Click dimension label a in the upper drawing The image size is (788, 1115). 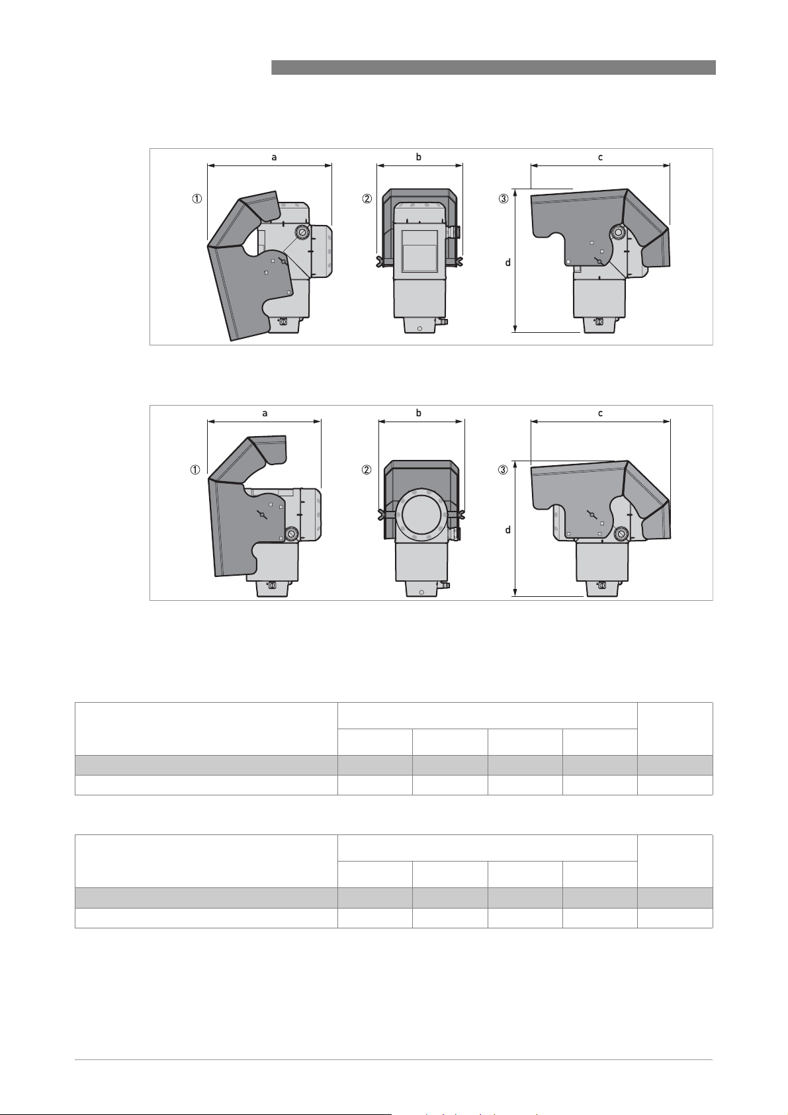coord(274,157)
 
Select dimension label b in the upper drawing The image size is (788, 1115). coord(419,157)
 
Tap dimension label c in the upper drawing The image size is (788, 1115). coord(600,157)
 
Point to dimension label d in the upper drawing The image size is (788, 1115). coord(507,262)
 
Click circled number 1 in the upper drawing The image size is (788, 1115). coord(198,199)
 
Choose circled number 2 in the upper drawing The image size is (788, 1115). coord(367,199)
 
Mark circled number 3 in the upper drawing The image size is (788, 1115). coord(503,199)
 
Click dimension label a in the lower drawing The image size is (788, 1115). coord(265,413)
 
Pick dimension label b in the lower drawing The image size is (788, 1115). coord(419,413)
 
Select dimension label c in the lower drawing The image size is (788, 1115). coord(600,413)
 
